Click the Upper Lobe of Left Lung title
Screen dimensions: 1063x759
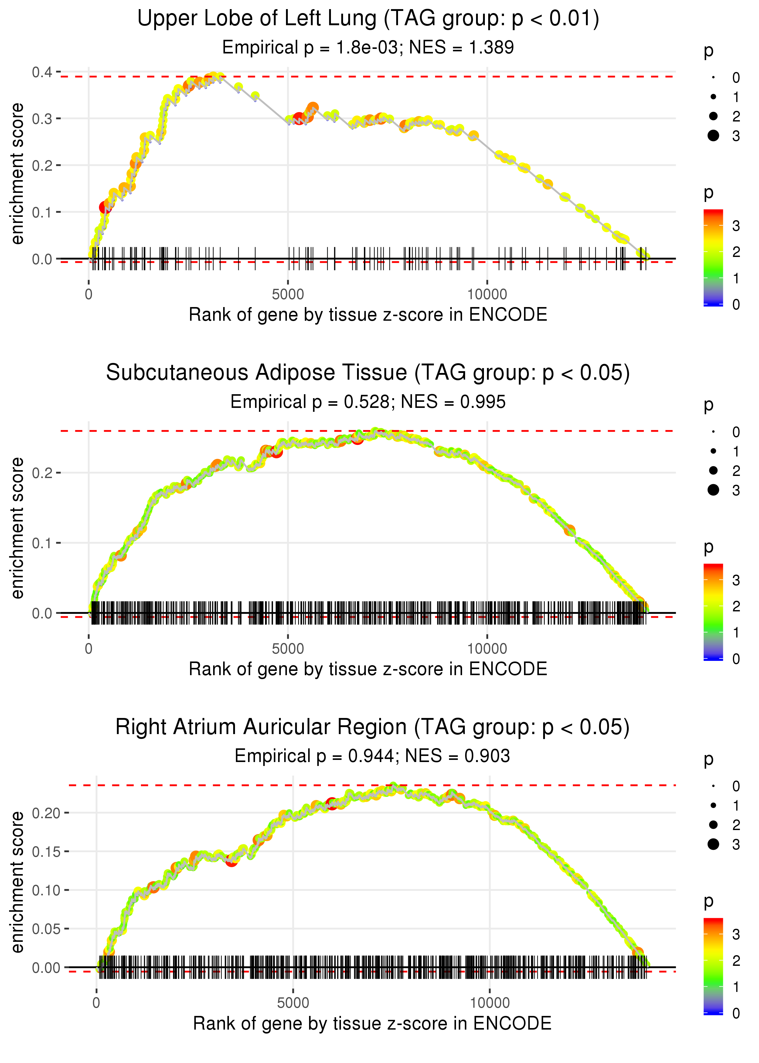(368, 19)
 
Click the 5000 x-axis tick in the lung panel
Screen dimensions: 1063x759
(288, 295)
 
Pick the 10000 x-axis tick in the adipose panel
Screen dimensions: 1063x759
(487, 649)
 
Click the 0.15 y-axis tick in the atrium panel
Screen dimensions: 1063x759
(46, 852)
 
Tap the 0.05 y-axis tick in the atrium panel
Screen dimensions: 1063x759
(46, 929)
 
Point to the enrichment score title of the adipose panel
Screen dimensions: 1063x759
(17, 528)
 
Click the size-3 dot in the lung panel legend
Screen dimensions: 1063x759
(713, 135)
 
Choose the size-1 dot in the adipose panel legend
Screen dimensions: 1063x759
(713, 451)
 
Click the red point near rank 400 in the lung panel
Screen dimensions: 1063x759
(105, 207)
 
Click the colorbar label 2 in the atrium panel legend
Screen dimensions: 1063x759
(736, 961)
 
